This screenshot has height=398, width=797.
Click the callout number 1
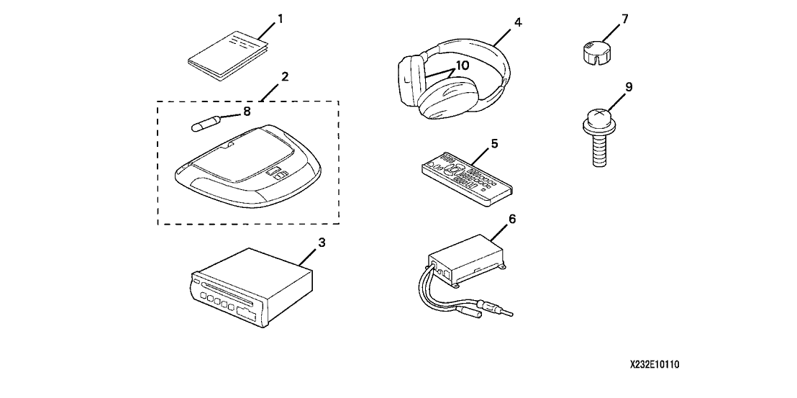[281, 18]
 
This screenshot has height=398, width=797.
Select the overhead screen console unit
[245, 169]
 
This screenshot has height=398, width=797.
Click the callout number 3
[322, 243]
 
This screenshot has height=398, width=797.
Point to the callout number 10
[461, 65]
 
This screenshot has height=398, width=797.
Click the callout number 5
[494, 143]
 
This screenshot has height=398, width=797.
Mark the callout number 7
[625, 18]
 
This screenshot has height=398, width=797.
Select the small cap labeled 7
[594, 53]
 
